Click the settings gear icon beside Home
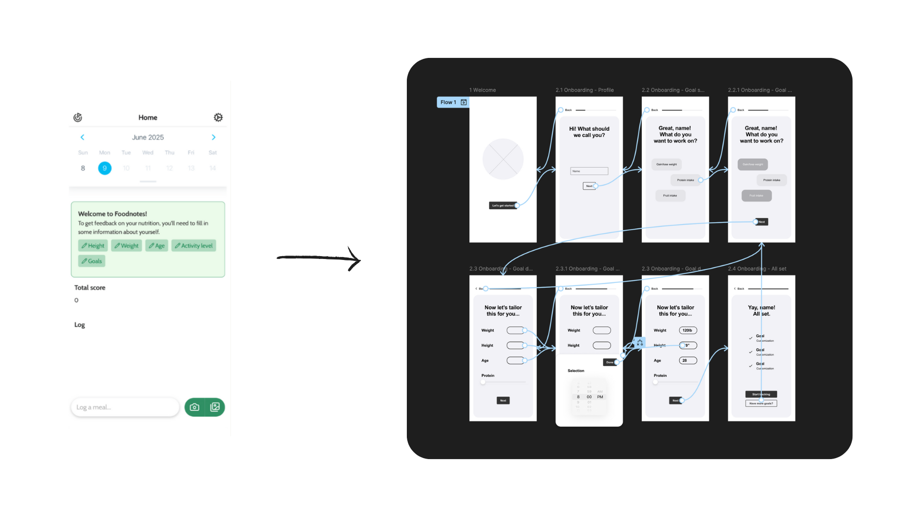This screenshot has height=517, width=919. (218, 117)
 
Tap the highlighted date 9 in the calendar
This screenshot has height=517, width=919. (105, 168)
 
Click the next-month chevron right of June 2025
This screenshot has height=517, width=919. (213, 137)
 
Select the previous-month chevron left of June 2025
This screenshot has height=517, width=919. (82, 137)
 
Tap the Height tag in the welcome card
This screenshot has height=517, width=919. (93, 246)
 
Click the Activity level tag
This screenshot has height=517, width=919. (194, 246)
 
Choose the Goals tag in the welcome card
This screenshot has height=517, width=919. (91, 261)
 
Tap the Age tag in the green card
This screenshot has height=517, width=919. (157, 246)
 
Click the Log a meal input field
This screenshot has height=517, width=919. (125, 407)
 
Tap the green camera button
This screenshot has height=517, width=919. (194, 407)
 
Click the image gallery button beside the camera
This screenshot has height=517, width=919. (215, 407)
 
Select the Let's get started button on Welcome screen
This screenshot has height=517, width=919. (503, 205)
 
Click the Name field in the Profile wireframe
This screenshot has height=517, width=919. (589, 171)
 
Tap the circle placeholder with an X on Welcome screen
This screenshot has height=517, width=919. (503, 159)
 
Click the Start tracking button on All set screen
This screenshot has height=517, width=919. (761, 394)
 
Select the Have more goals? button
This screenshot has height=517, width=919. (761, 404)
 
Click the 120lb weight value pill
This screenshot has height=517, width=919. (688, 330)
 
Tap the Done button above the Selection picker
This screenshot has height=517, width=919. (609, 362)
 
